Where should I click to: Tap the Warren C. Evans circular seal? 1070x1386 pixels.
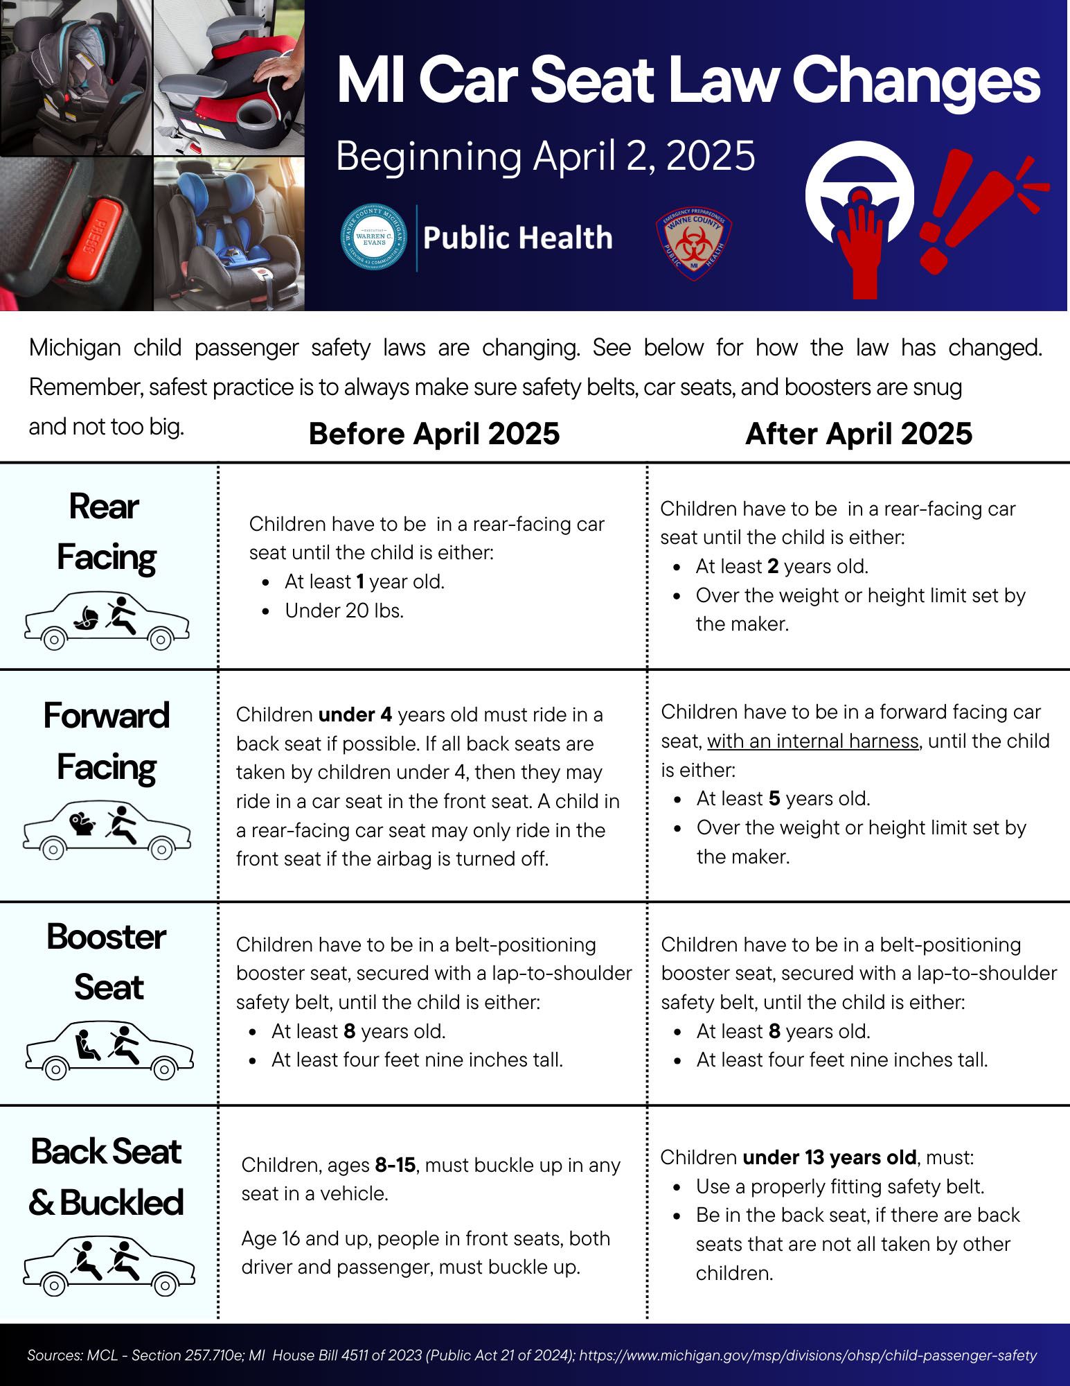(374, 238)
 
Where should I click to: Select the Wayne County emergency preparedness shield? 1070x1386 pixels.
(693, 245)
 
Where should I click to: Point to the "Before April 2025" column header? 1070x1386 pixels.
(434, 434)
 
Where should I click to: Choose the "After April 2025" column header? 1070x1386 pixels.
(859, 434)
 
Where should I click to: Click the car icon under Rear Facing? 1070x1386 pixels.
(107, 621)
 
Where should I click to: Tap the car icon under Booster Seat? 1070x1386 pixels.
(109, 1050)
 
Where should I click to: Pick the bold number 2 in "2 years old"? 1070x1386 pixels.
(773, 567)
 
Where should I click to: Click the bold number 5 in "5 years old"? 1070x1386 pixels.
(774, 799)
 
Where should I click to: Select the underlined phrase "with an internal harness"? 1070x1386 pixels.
(812, 742)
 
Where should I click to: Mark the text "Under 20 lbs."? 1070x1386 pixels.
(344, 611)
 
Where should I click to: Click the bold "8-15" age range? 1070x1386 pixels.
(395, 1165)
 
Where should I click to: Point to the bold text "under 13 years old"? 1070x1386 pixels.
(830, 1157)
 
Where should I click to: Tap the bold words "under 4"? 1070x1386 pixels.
(355, 714)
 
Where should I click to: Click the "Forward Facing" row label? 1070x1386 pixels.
(107, 742)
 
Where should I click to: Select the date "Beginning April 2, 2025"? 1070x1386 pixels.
(545, 156)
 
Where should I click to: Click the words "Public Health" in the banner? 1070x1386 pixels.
(517, 238)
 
